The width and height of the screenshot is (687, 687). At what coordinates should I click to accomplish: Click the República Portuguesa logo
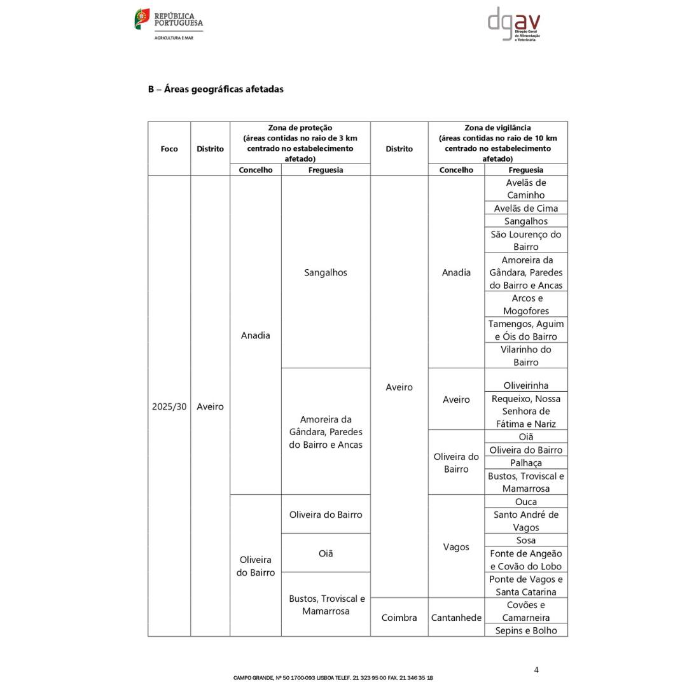tap(169, 24)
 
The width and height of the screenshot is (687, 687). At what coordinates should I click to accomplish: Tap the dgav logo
tap(514, 24)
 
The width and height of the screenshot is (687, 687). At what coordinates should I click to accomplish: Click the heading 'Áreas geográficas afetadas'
tap(216, 89)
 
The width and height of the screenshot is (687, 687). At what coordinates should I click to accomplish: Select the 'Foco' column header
tap(169, 149)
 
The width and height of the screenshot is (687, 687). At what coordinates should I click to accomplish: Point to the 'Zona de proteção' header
tap(300, 128)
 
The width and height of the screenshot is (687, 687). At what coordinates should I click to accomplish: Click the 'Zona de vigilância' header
tap(497, 128)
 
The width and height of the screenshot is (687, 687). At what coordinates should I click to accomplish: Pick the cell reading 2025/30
tap(169, 406)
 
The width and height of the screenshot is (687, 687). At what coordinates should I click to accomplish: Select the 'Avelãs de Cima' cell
tap(526, 208)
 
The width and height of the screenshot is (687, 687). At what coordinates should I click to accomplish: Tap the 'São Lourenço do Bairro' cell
tap(526, 240)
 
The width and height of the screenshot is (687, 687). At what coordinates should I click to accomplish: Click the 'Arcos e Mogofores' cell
tap(526, 305)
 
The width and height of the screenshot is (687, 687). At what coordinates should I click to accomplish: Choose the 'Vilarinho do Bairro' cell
tap(526, 356)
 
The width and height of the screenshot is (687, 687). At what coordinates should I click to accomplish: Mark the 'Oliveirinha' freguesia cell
tap(526, 385)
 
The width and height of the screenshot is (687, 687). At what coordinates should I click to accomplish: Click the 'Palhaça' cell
tap(526, 463)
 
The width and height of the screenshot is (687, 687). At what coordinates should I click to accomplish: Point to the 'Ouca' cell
tap(526, 502)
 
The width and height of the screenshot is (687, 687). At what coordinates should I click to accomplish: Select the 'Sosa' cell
tap(526, 540)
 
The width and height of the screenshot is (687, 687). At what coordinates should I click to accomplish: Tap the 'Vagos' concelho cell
tap(456, 547)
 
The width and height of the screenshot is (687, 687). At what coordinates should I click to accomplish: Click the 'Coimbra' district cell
tap(399, 618)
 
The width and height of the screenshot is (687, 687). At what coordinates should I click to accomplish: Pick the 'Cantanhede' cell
tap(456, 618)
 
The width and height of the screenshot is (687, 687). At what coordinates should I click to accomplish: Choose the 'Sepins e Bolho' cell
tap(526, 630)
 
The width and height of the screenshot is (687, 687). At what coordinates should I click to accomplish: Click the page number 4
tap(536, 670)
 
